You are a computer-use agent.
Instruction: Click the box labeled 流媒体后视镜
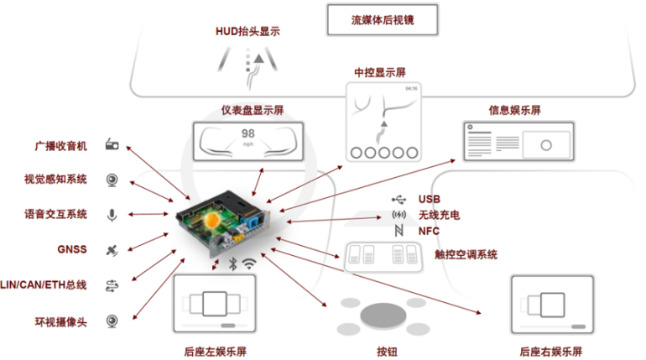click(x=383, y=20)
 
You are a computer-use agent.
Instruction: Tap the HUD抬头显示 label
click(x=248, y=31)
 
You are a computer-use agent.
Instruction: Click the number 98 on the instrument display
click(x=248, y=133)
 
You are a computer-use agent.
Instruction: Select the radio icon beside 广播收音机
click(x=112, y=144)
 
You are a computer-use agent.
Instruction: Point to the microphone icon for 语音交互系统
click(x=112, y=215)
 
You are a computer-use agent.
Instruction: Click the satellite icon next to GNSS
click(x=112, y=250)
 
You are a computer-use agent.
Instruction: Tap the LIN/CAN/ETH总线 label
click(x=44, y=284)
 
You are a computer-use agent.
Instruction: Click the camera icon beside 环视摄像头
click(x=112, y=321)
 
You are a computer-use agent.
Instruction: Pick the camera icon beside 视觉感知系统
click(x=112, y=180)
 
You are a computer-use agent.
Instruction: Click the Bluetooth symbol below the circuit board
click(x=233, y=264)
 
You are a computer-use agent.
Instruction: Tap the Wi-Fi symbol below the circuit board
click(x=249, y=263)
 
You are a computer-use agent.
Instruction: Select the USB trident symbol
click(x=399, y=200)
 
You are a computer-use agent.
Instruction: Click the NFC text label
click(x=429, y=231)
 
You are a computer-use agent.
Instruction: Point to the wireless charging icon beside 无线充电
click(x=399, y=215)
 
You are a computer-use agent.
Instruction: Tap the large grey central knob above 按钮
click(x=383, y=316)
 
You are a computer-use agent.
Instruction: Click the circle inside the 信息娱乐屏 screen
click(x=546, y=145)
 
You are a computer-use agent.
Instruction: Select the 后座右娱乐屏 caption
click(x=551, y=352)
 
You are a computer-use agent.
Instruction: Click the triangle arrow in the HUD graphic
click(x=258, y=59)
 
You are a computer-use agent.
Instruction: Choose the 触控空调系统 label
click(x=466, y=254)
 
